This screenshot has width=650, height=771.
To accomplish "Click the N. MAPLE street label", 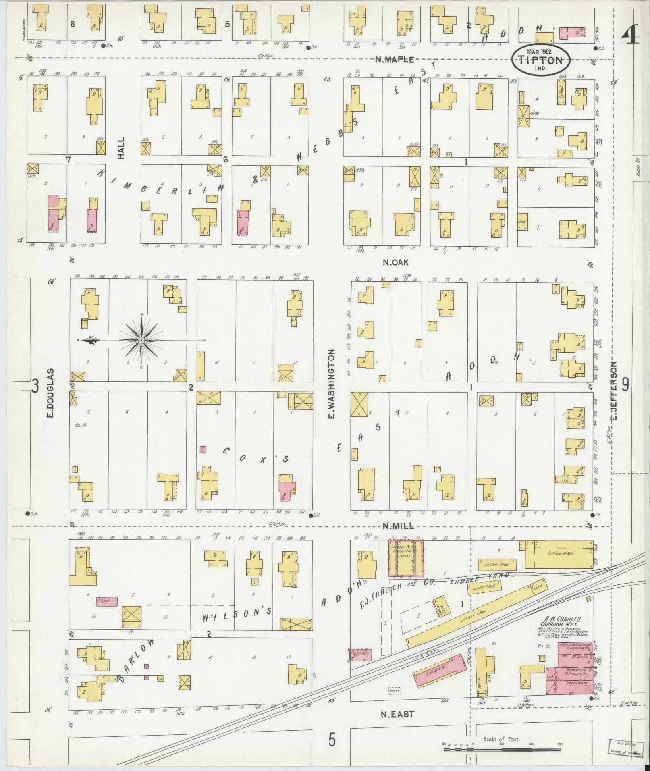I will (394, 60).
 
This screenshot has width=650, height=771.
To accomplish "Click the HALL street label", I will (121, 148).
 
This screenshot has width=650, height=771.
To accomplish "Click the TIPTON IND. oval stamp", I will (541, 60).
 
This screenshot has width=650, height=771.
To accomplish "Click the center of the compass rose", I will (141, 341).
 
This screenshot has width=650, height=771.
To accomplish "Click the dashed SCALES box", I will (394, 690).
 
